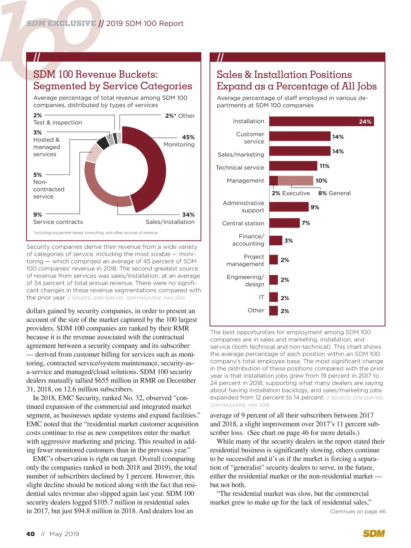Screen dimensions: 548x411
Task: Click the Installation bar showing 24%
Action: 321,122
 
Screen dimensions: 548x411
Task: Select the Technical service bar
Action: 293,166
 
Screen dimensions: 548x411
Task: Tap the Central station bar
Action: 284,223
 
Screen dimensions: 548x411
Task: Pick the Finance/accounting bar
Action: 276,240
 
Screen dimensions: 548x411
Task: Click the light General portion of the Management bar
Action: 295,180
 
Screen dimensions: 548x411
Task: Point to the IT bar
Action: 273,297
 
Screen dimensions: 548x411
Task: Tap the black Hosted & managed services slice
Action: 103,143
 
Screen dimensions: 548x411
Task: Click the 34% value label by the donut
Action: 188,215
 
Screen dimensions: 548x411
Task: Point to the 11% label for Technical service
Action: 324,166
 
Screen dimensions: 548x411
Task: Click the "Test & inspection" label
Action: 58,123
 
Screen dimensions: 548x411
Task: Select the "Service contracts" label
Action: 58,222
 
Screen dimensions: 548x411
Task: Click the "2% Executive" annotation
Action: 291,193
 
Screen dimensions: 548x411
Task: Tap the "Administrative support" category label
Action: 243,207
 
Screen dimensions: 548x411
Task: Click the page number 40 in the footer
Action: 30,534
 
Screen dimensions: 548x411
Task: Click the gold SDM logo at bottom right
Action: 374,534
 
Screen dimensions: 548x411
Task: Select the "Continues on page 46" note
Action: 358,511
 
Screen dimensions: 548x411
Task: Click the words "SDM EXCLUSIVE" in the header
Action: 61,23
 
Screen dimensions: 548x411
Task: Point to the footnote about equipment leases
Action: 95,233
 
